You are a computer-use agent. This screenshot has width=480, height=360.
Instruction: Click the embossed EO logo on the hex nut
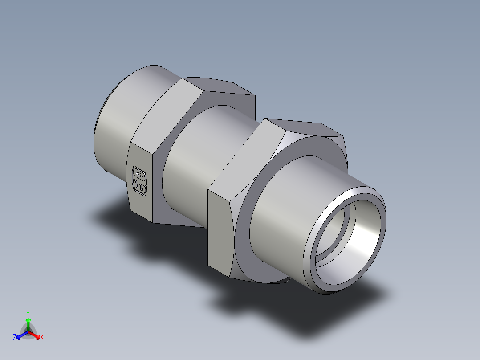[x=140, y=180]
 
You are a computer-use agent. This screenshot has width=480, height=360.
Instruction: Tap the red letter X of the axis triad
[x=42, y=338]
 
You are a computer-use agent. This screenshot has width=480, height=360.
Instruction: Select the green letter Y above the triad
[x=28, y=313]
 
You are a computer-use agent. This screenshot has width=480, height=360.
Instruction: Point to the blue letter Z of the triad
[x=15, y=337]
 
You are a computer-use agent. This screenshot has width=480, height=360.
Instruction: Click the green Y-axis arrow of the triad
[x=28, y=323]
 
